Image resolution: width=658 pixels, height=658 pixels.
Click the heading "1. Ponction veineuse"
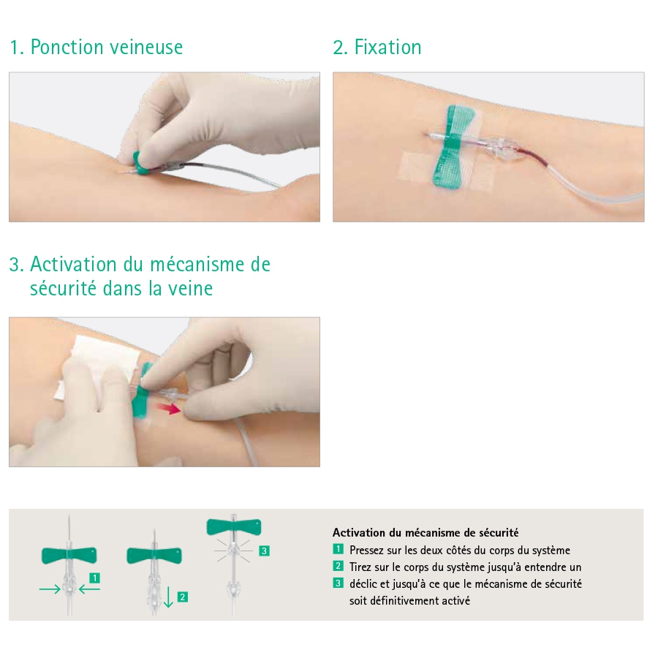click(x=96, y=47)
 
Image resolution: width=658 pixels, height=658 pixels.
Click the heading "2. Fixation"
click(x=377, y=47)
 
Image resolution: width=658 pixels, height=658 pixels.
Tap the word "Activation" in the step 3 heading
click(x=73, y=265)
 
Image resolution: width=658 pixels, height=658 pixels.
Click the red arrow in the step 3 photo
click(x=167, y=408)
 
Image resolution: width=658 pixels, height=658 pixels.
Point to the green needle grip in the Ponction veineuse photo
click(x=142, y=163)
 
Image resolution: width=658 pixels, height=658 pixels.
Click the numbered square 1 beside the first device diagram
click(x=95, y=578)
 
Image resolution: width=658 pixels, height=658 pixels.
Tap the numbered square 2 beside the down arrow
click(x=183, y=597)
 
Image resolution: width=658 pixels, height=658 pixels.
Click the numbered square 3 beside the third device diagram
click(x=264, y=551)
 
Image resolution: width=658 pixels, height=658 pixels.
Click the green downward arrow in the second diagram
click(x=168, y=597)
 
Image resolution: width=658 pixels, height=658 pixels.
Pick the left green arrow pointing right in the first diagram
click(x=50, y=589)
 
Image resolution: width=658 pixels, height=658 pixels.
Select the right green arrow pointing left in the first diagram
click(x=89, y=589)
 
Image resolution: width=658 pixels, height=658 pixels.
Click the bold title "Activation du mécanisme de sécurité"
click(x=426, y=532)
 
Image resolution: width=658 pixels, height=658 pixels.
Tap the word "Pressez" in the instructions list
click(x=366, y=550)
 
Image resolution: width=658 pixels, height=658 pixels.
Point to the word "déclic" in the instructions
click(x=363, y=583)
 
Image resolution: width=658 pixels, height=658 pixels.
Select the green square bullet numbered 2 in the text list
click(x=339, y=566)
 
